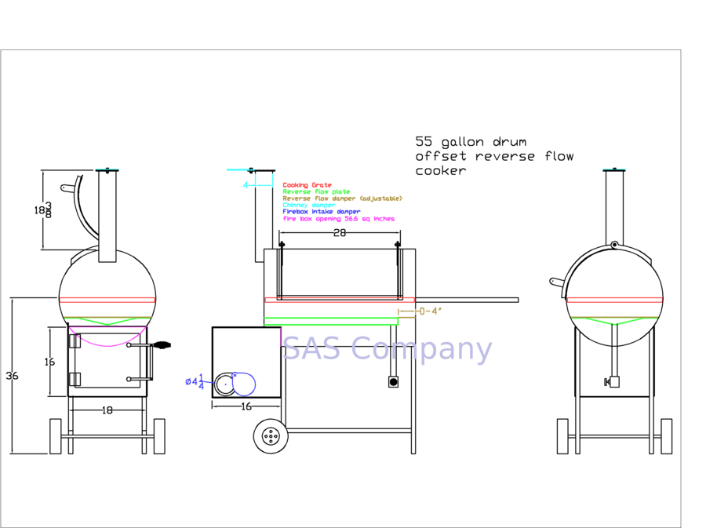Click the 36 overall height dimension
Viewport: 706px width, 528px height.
coord(12,376)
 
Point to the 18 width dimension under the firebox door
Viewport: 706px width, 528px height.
coord(107,410)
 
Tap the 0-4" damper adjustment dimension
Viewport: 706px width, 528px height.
coord(430,311)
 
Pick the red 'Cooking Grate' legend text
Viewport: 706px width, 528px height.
coord(307,185)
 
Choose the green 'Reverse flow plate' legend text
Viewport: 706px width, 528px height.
coord(316,192)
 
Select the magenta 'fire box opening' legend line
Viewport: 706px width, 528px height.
coord(338,219)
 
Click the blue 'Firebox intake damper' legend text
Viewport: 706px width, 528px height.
coord(321,212)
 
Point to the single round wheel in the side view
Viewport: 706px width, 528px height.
coord(271,436)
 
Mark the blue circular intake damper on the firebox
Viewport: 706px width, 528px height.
coord(242,384)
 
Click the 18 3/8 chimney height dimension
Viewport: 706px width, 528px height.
coord(43,210)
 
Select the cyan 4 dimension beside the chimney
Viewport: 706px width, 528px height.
coord(246,185)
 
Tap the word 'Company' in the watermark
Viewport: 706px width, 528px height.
coord(423,349)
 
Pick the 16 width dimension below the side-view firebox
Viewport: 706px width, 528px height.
coord(246,406)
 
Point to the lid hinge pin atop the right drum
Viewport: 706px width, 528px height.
coord(614,245)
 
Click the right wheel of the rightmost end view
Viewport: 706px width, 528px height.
coord(666,436)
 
